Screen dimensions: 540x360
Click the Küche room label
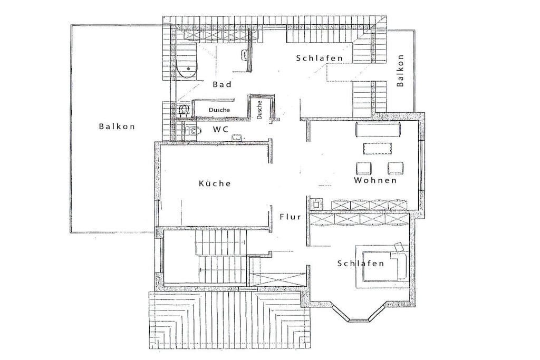215,183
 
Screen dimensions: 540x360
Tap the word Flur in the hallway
291,217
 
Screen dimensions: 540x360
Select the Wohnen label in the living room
375,180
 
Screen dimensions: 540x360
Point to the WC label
220,130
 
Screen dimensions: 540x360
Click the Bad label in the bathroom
222,84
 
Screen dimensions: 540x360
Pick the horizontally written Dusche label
219,110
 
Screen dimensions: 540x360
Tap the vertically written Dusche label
259,110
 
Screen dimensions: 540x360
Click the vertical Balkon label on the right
400,70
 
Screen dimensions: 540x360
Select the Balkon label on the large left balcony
117,127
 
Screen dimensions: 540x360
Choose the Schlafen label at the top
320,58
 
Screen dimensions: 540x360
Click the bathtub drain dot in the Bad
188,69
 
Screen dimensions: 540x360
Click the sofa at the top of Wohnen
378,129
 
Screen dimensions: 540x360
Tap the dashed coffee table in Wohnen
378,148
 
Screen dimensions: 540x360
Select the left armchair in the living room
364,168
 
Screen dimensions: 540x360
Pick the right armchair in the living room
396,168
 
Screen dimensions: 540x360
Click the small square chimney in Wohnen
317,204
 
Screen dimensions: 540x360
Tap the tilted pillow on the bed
399,247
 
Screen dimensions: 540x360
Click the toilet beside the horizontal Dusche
184,110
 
